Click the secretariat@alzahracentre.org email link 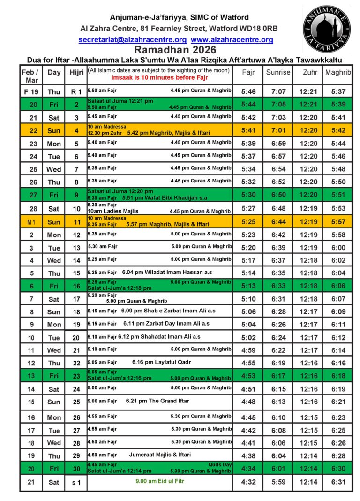(133, 40)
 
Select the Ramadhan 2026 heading (175, 50)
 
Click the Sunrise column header (278, 72)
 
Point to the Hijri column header (76, 72)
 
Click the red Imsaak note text (159, 77)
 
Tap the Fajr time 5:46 (248, 92)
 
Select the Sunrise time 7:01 (278, 131)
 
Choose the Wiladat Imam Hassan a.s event (167, 272)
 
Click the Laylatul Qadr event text (161, 362)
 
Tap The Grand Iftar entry (157, 401)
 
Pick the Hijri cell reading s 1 (76, 482)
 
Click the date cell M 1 (31, 222)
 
